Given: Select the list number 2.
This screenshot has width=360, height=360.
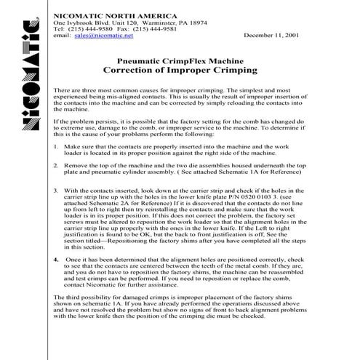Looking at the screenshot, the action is pyautogui.click(x=57, y=165).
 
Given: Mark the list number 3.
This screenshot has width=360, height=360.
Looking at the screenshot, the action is pyautogui.click(x=57, y=191).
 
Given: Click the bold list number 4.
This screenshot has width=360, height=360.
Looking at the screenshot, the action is pyautogui.click(x=57, y=258).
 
